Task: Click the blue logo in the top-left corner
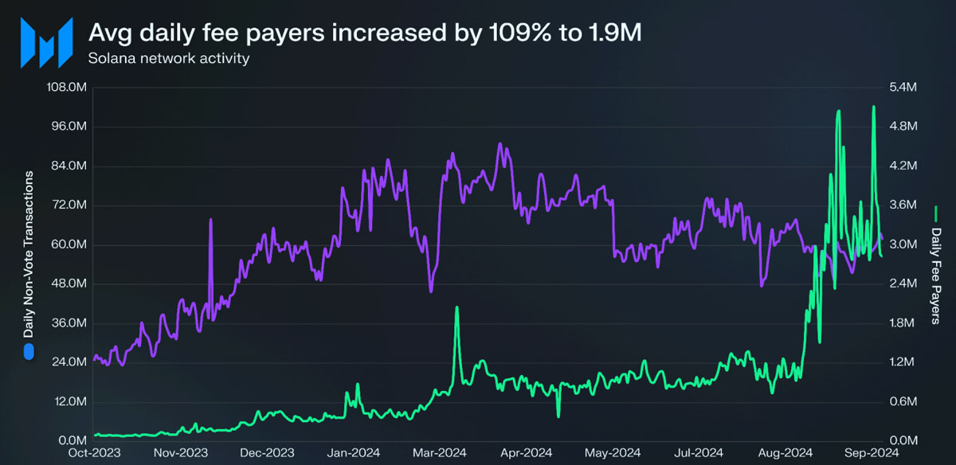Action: tap(46, 43)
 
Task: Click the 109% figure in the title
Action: tap(520, 33)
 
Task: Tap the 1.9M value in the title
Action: tap(614, 33)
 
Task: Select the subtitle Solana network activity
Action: tap(169, 58)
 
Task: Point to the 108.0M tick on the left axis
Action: tap(67, 87)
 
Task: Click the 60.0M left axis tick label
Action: tap(69, 244)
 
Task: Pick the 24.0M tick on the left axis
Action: tap(69, 361)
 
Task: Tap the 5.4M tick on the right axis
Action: tap(903, 87)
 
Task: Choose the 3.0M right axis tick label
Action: tap(903, 244)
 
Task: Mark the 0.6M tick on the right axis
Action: tap(903, 401)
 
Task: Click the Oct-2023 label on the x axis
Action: tap(94, 452)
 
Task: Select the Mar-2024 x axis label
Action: tap(439, 452)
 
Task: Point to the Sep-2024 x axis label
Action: tap(872, 452)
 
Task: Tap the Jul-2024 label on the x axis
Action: tap(699, 452)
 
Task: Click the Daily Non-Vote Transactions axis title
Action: tap(29, 254)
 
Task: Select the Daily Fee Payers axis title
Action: tap(935, 276)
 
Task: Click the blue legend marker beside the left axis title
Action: tap(29, 353)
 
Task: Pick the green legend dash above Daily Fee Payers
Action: tap(935, 214)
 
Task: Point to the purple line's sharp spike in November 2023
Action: tap(211, 220)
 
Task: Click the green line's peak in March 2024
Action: tap(456, 307)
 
